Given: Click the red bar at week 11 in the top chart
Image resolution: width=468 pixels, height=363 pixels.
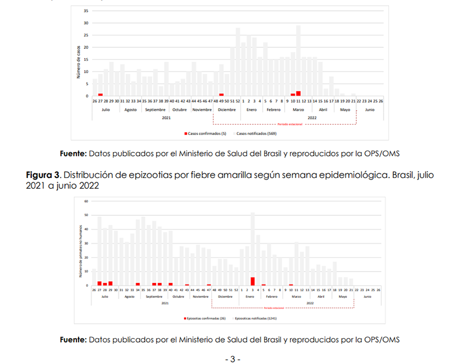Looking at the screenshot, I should pos(299,94).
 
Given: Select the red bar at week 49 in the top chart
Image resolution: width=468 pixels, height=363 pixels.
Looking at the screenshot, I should pos(221,95).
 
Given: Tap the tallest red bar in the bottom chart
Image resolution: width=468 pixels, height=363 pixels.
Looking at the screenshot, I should pos(252,281).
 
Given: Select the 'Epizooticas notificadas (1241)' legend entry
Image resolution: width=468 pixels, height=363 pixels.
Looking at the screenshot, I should pos(255,318).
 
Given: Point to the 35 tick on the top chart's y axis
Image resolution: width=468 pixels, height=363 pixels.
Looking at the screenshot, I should pos(87,11).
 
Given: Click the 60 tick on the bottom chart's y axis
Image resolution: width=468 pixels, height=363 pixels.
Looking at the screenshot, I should pos(86,202).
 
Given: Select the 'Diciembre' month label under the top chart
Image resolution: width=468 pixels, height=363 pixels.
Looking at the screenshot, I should pos(226,110).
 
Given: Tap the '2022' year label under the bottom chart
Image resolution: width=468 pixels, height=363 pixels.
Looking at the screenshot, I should pos(310,303).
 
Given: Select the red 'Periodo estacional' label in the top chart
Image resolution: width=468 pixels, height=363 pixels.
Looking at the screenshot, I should pos(291,124).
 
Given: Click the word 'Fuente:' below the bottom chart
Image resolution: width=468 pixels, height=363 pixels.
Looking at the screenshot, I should pos(73,340).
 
